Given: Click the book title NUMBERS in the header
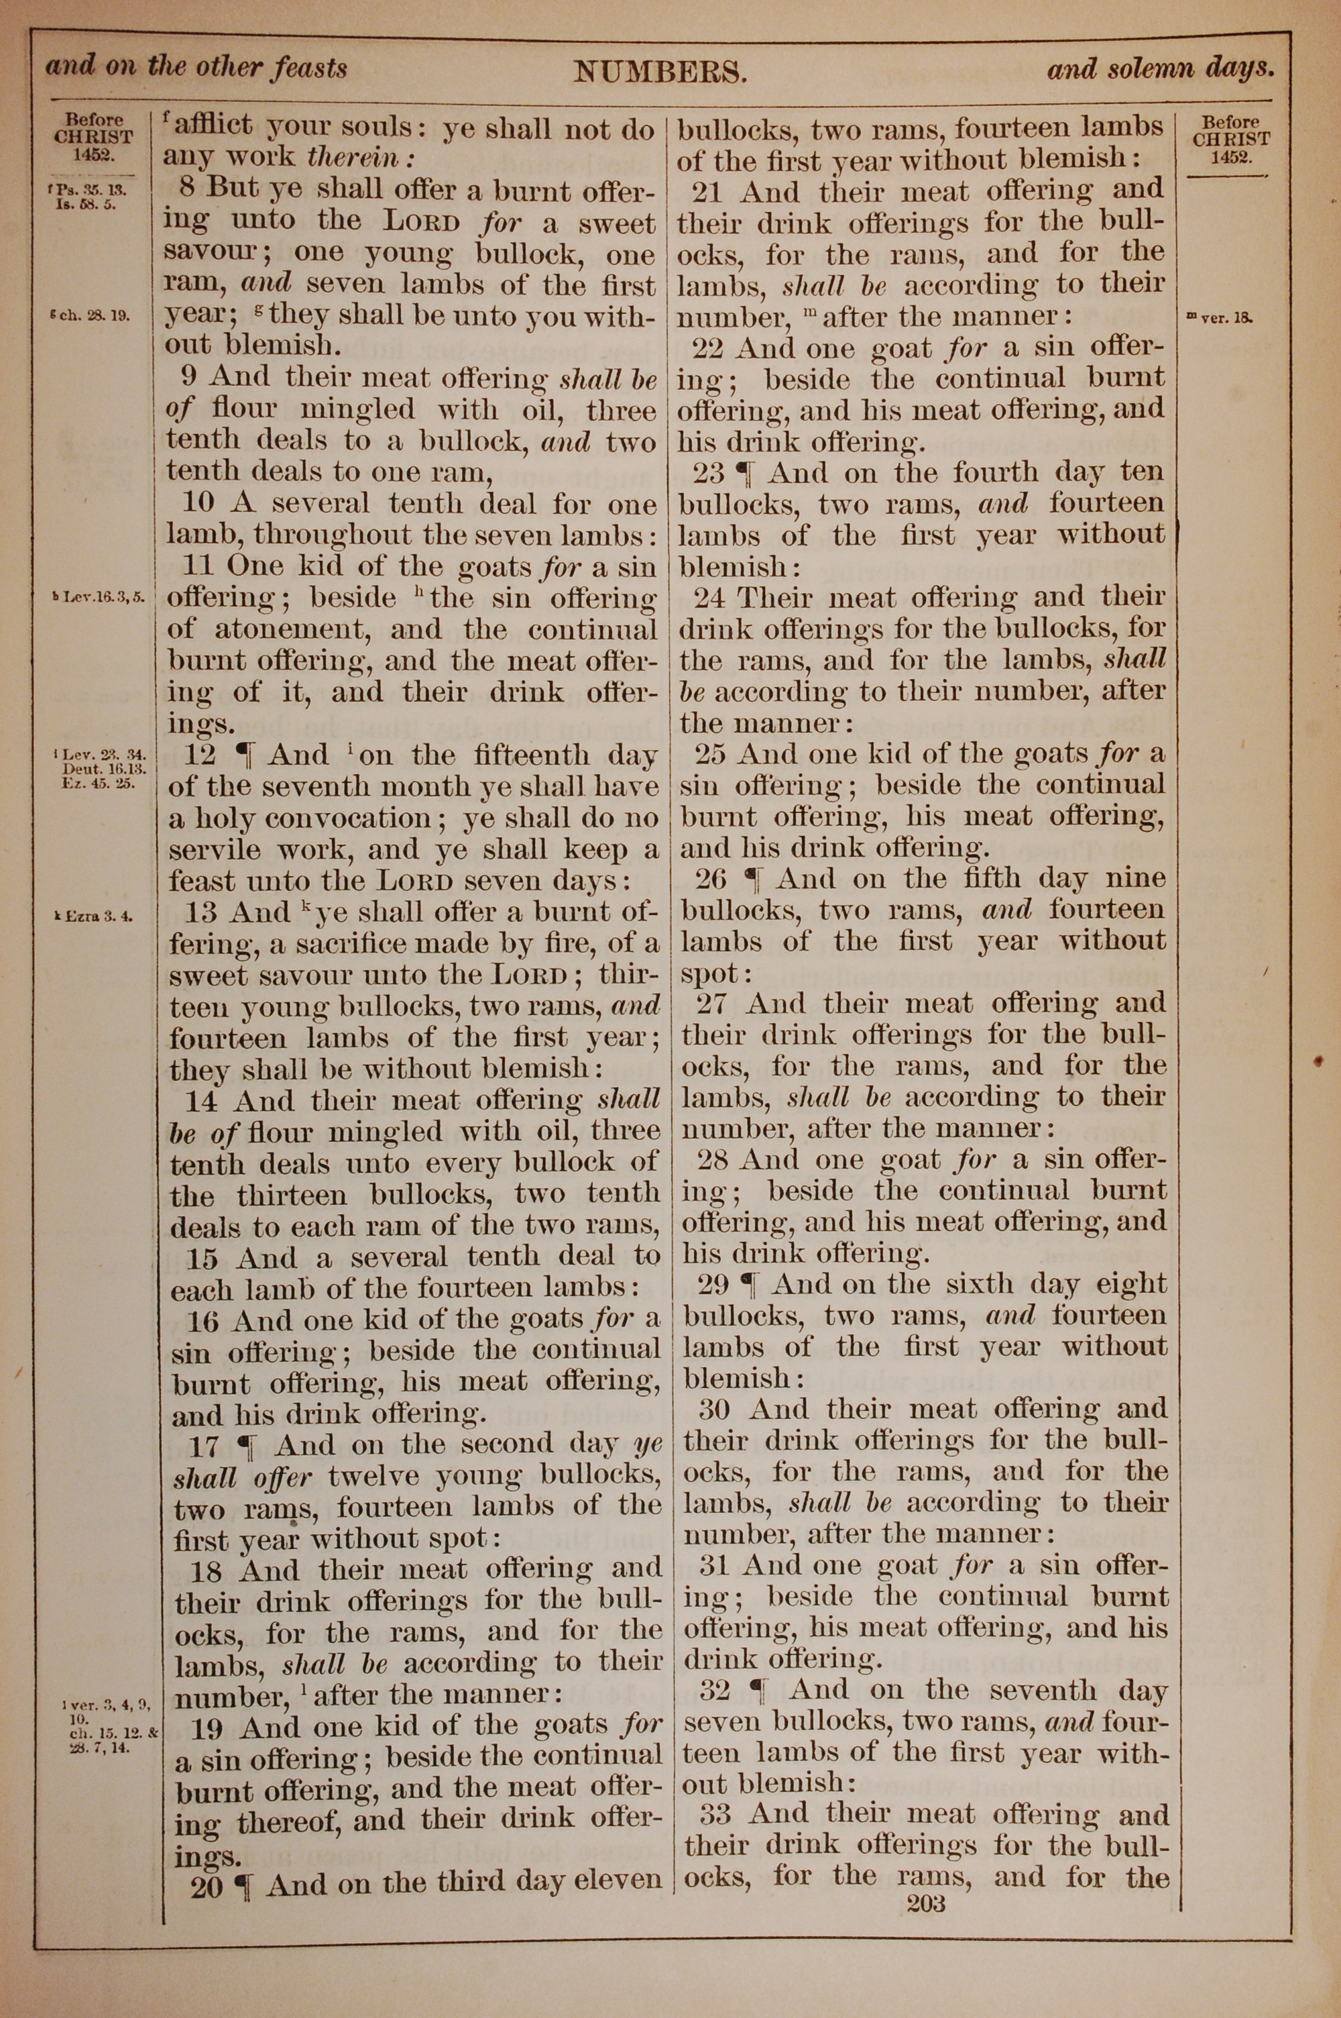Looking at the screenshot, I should [660, 72].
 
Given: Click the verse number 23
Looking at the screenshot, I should [709, 473].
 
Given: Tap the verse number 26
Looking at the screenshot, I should [711, 880].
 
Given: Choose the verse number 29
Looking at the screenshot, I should [713, 1285].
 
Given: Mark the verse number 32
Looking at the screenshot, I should [715, 1691].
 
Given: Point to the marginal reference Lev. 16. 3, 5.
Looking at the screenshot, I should [96, 596].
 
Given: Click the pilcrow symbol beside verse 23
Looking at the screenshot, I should [752, 474].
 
